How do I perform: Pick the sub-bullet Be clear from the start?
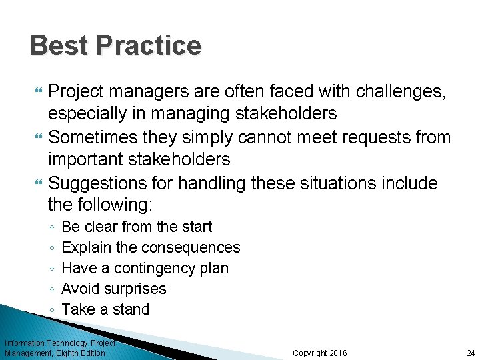click(x=137, y=227)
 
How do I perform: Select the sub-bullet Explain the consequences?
click(x=151, y=247)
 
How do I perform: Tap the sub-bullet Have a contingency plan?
click(x=145, y=268)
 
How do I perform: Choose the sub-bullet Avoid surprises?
click(x=113, y=289)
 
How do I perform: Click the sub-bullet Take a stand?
click(x=105, y=309)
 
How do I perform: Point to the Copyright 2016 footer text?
click(x=320, y=353)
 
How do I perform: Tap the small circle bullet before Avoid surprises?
click(x=52, y=289)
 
